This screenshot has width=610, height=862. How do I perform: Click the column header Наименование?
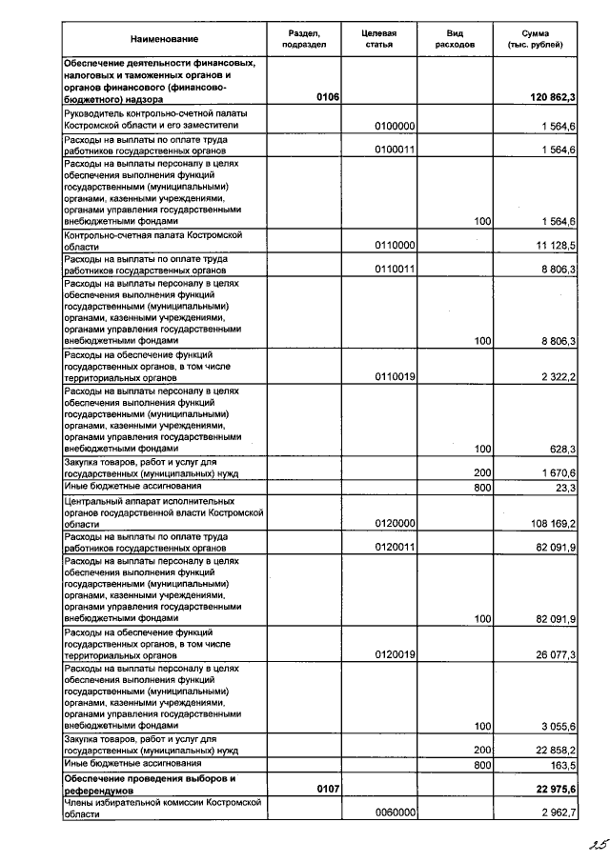tap(165, 39)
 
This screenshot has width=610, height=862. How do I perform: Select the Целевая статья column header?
tap(378, 39)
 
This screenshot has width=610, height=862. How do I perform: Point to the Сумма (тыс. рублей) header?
tap(535, 39)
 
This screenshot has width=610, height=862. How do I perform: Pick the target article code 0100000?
tap(394, 126)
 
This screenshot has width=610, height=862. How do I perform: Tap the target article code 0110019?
tap(394, 377)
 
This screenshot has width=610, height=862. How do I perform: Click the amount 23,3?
tap(566, 487)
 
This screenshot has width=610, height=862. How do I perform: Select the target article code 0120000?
tap(394, 523)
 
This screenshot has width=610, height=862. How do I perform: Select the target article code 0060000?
tap(394, 812)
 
